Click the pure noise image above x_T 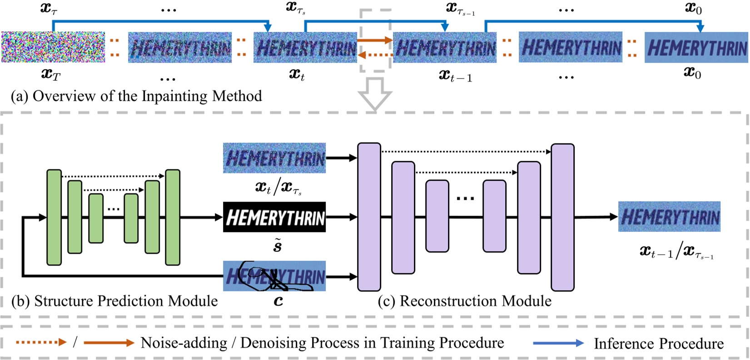(x=53, y=47)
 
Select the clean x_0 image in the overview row (x=696, y=47)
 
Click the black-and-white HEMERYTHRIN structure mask (x=274, y=217)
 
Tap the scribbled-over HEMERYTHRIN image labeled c (x=274, y=276)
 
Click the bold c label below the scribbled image (x=278, y=301)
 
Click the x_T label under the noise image (x=51, y=74)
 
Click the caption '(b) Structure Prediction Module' (x=114, y=301)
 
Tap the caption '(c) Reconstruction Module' (x=465, y=301)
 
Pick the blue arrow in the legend (x=558, y=343)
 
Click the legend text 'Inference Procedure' (x=659, y=344)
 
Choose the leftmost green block (x=54, y=217)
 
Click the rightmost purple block (x=562, y=217)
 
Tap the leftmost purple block (x=369, y=217)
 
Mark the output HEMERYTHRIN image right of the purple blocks (x=669, y=217)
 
